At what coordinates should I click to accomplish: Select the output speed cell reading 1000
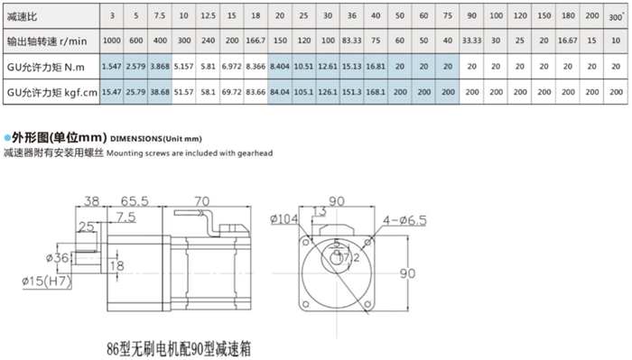tap(112, 41)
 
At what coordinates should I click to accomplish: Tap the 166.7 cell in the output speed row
tap(256, 41)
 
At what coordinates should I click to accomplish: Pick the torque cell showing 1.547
tap(112, 66)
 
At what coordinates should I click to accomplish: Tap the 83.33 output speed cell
tap(351, 41)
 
